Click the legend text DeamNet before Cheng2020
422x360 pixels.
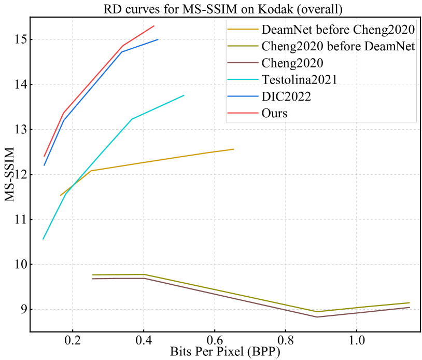(338, 29)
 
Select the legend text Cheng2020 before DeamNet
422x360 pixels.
(338, 46)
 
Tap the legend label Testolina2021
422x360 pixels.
(300, 79)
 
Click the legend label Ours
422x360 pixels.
(274, 113)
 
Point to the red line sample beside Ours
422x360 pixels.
(244, 113)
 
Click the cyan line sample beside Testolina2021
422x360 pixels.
(244, 79)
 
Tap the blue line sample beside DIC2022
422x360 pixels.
(244, 96)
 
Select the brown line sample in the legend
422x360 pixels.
(244, 63)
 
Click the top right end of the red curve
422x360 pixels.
(154, 26)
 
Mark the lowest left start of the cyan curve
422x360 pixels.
(44, 239)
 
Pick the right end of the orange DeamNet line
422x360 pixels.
(233, 149)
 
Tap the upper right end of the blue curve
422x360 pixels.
(158, 39)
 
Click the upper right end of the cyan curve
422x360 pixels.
(184, 95)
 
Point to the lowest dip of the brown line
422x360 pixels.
(317, 316)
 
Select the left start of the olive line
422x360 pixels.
(92, 274)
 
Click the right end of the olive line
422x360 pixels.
(410, 302)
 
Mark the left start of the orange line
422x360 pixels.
(61, 195)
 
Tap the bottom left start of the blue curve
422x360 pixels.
(45, 165)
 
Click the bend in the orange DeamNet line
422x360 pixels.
(91, 171)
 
